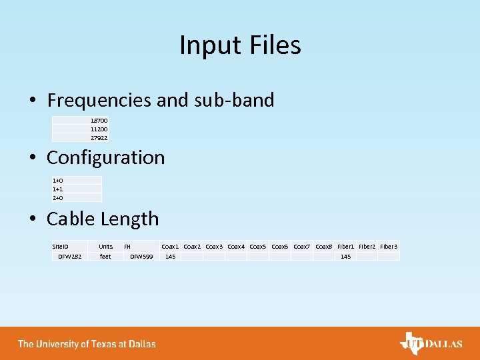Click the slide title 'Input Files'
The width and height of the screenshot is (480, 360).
pos(240,45)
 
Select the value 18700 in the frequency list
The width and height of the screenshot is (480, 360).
pos(99,121)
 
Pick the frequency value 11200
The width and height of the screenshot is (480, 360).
pos(99,129)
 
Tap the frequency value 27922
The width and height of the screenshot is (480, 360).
pos(99,138)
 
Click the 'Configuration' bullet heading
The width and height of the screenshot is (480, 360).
pos(105,158)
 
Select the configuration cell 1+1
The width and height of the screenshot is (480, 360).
pos(58,189)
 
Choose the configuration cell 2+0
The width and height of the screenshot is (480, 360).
pos(58,198)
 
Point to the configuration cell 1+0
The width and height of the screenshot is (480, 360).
pos(58,181)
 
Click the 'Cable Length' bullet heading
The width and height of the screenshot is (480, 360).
pos(103,219)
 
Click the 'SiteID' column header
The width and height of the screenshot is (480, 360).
pos(61,247)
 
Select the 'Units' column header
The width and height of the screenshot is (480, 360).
pos(105,247)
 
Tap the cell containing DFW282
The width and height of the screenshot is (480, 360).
pos(69,257)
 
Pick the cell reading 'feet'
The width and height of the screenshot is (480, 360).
pos(105,257)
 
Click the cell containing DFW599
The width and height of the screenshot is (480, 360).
pos(141,257)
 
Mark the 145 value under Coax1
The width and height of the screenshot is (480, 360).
pos(170,257)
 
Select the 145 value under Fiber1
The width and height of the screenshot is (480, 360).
pos(345,257)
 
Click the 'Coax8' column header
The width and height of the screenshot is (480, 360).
pos(324,247)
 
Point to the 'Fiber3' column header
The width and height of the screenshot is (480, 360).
pos(389,247)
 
